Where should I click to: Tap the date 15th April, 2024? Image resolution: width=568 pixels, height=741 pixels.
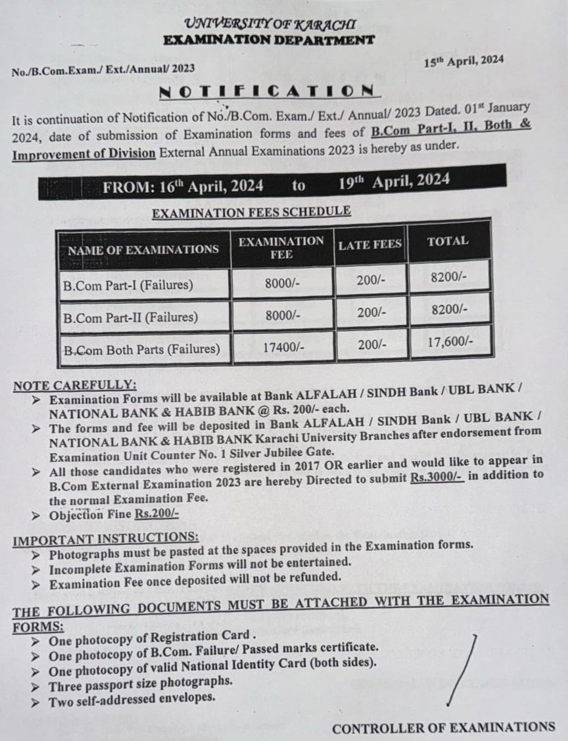[x=463, y=61]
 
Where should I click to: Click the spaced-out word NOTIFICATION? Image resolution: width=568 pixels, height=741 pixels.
[x=267, y=91]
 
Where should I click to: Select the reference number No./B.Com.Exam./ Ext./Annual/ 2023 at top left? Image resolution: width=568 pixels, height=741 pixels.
[x=103, y=68]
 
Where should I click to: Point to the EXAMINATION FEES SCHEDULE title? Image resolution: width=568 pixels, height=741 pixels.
[x=251, y=212]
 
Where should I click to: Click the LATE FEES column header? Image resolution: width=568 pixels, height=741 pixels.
[x=370, y=245]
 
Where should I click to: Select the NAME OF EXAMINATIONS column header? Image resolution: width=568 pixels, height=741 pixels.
[x=143, y=249]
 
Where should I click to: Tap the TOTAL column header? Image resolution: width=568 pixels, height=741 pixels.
[x=448, y=241]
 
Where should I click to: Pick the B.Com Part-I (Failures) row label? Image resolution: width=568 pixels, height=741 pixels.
[x=128, y=285]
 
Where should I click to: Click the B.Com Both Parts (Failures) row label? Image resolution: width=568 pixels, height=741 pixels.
[x=142, y=349]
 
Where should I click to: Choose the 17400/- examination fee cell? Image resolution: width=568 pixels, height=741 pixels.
[x=282, y=347]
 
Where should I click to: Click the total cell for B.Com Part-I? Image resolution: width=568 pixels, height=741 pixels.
[x=449, y=277]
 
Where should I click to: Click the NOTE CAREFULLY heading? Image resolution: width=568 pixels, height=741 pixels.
[x=76, y=385]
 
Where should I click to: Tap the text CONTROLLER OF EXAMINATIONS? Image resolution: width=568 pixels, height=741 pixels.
[x=443, y=727]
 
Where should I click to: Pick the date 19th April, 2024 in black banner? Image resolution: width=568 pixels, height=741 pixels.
[x=394, y=181]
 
